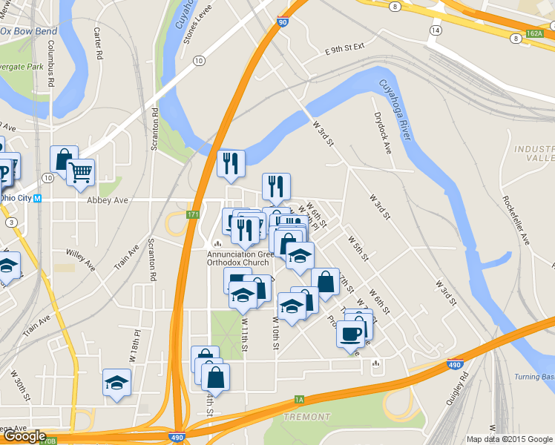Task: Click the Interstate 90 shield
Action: coord(282,23)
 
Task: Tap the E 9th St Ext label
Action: coord(346,48)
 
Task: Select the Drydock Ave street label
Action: coord(383,133)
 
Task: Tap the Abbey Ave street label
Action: coord(108,200)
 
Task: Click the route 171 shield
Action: coord(193,214)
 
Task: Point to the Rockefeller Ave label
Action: coord(516,220)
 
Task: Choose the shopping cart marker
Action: coord(80,173)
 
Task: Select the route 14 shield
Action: coord(435,30)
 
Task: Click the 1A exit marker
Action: coord(299,400)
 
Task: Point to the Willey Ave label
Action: coord(80,260)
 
